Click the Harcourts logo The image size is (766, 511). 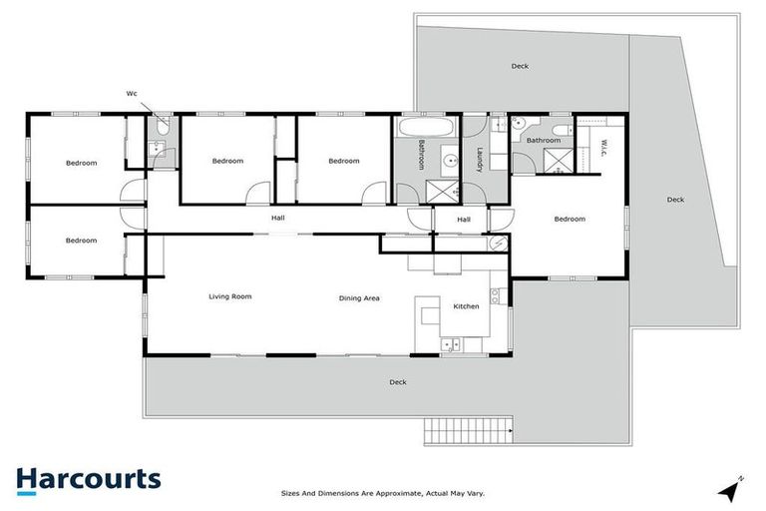[88, 478]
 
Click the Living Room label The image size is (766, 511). [229, 296]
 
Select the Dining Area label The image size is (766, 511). [359, 297]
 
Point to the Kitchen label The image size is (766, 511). [467, 306]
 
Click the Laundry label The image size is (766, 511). [480, 161]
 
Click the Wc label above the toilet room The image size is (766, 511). [131, 94]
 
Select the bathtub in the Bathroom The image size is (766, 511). [427, 128]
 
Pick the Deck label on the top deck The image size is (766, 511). [520, 67]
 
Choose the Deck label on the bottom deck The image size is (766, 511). [398, 381]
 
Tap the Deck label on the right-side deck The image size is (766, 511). [675, 200]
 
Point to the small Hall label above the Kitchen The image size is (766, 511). [464, 220]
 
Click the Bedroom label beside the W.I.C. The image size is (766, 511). [570, 219]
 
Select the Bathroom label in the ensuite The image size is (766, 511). [544, 141]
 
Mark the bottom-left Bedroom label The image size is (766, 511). [81, 241]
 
